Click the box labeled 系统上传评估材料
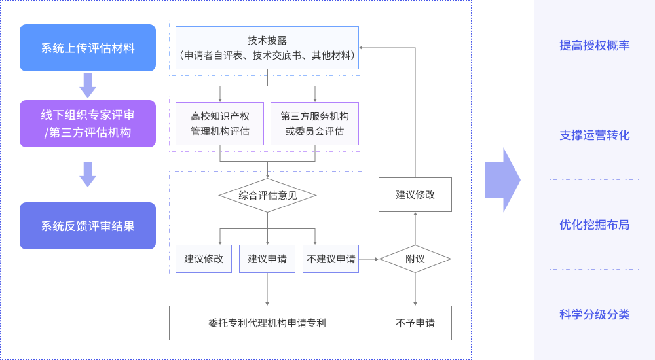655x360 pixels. pyautogui.click(x=88, y=48)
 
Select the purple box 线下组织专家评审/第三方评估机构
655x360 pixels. pyautogui.click(x=88, y=124)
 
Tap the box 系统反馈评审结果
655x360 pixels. pyautogui.click(x=88, y=226)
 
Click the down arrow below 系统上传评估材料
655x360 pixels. pyautogui.click(x=88, y=85)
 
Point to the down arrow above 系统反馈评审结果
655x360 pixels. pyautogui.click(x=88, y=174)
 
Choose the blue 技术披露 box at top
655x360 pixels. pyautogui.click(x=267, y=48)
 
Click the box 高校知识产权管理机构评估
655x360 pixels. pyautogui.click(x=219, y=124)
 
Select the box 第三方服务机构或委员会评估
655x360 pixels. pyautogui.click(x=314, y=124)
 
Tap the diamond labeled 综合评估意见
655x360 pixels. pyautogui.click(x=267, y=195)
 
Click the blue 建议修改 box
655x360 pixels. pyautogui.click(x=204, y=259)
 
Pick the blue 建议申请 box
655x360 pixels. pyautogui.click(x=267, y=259)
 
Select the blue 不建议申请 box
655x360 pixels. pyautogui.click(x=331, y=259)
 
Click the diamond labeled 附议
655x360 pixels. pyautogui.click(x=415, y=259)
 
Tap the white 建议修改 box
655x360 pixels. pyautogui.click(x=415, y=194)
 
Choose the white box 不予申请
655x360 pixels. pyautogui.click(x=415, y=323)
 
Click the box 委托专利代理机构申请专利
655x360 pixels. pyautogui.click(x=267, y=323)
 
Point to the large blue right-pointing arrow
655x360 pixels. pyautogui.click(x=502, y=180)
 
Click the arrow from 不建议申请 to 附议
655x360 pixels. pyautogui.click(x=370, y=259)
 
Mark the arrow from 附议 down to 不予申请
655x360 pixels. pyautogui.click(x=415, y=289)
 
